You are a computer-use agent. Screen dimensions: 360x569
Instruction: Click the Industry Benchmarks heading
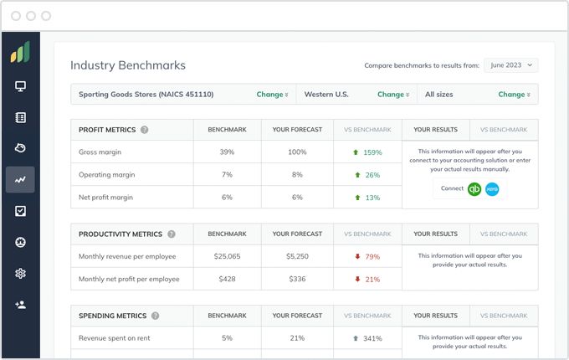(x=128, y=65)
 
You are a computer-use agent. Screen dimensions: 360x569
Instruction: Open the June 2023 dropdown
(x=510, y=65)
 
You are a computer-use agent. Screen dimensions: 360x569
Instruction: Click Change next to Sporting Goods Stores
(x=272, y=95)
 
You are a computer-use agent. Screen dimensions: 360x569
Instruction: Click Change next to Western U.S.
(x=393, y=95)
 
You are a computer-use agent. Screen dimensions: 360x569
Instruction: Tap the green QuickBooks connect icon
(x=474, y=189)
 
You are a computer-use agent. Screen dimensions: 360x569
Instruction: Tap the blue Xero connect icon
(x=491, y=189)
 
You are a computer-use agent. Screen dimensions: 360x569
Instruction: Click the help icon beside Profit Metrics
(x=145, y=130)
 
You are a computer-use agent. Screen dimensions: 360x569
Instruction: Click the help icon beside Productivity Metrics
(x=172, y=234)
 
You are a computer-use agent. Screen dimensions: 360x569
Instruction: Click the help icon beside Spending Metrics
(x=155, y=316)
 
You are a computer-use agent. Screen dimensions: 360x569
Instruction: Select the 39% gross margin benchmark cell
(x=227, y=152)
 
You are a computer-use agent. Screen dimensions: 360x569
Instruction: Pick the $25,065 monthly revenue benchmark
(x=227, y=256)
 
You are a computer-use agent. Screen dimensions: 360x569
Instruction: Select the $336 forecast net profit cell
(x=297, y=279)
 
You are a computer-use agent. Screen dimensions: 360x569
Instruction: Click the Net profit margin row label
(x=106, y=198)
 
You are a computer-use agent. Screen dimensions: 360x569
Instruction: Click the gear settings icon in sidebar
(x=20, y=274)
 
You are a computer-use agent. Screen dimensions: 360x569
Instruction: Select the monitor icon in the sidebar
(x=20, y=86)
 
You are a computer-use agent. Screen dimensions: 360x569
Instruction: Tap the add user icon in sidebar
(x=20, y=305)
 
